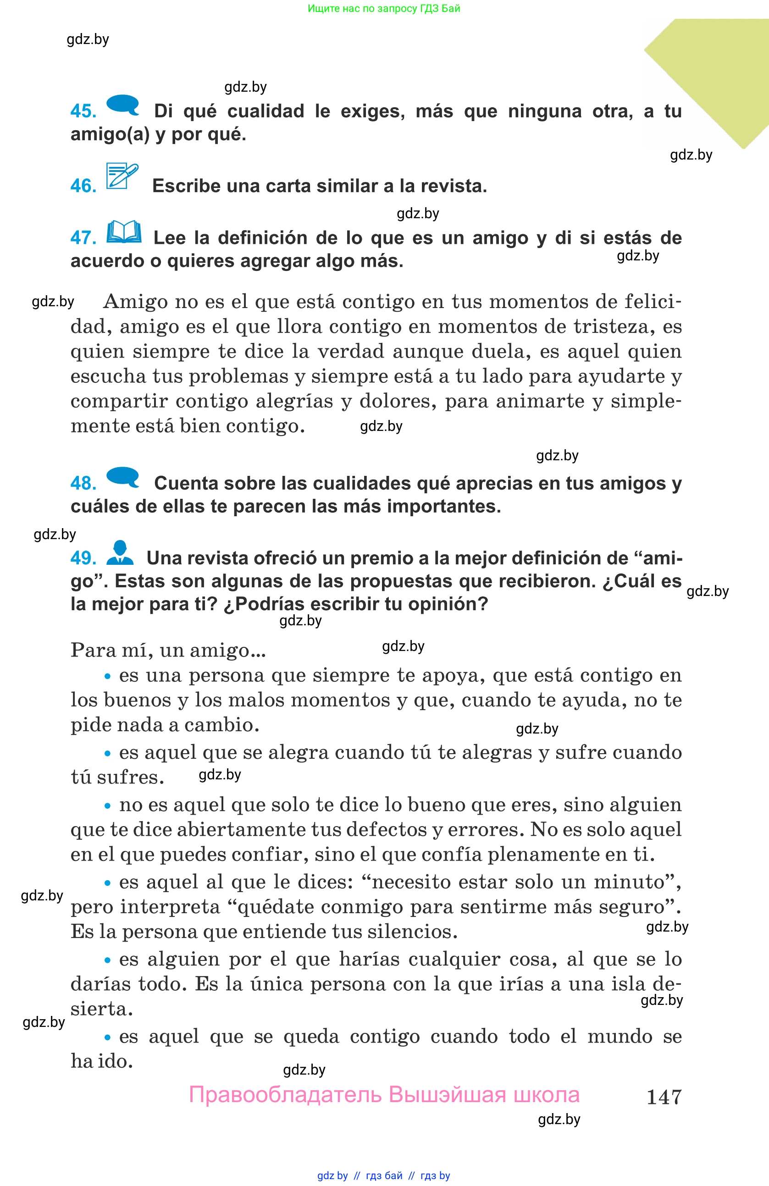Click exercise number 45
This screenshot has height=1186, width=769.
coord(83,111)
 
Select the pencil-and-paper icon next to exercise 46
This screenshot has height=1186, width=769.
coord(122,176)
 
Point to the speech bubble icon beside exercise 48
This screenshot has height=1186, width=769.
coord(122,477)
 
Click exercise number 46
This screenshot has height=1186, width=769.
coord(83,186)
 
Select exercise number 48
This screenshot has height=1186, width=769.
coord(83,483)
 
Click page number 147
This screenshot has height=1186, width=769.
coord(664,1097)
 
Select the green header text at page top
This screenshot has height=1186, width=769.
coord(384,8)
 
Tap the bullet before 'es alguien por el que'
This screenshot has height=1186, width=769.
coord(107,960)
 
